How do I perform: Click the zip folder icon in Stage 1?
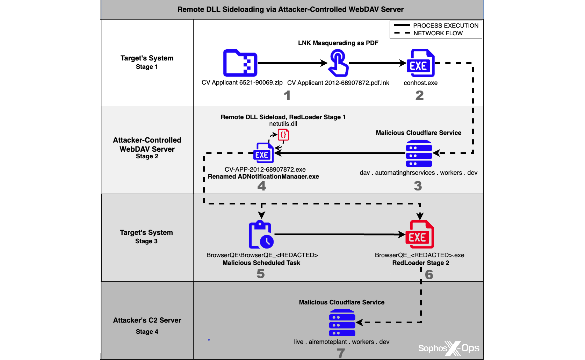coord(240,63)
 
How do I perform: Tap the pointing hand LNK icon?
coord(338,63)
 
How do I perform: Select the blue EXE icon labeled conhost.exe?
coord(420,63)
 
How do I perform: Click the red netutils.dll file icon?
coord(283,135)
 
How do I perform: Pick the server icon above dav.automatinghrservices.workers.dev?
coord(419,153)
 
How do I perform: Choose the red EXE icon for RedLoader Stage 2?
coord(419,235)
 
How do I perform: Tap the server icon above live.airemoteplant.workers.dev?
coord(342,323)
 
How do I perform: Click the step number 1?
coord(287,95)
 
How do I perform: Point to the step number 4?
coord(261,186)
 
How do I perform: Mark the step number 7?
coord(341,353)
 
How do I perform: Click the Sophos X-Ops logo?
coord(449,348)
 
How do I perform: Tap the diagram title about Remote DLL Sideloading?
coord(290,9)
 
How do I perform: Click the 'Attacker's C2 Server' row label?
coord(147,320)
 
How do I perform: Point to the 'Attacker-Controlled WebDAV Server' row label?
coord(147,145)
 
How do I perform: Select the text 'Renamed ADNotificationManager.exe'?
coord(263,177)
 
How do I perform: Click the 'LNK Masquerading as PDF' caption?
coord(338,43)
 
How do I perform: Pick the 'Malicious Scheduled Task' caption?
coord(261,263)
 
